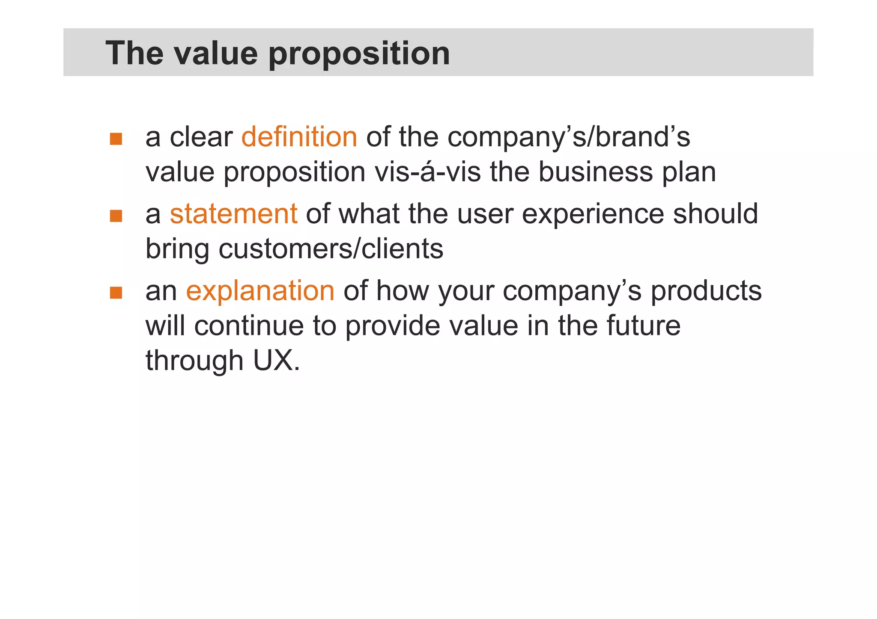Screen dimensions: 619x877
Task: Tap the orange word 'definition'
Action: (x=299, y=137)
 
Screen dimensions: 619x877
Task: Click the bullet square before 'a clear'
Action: (x=116, y=139)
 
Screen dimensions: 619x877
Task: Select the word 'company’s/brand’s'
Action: (x=569, y=137)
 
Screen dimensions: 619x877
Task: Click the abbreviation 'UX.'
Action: (x=277, y=360)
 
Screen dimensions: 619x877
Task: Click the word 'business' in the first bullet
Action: (x=595, y=172)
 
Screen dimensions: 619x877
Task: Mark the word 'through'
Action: (x=194, y=360)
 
